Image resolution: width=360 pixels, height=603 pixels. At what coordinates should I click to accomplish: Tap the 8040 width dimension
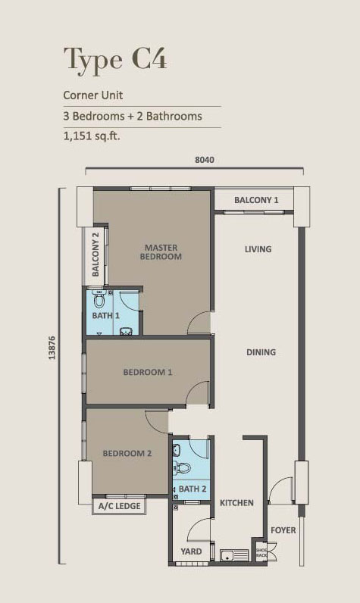pos(205,160)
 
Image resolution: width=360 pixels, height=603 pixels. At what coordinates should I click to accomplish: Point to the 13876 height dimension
pos(52,348)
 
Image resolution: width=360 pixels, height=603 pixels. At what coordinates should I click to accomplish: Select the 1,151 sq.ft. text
pos(92,136)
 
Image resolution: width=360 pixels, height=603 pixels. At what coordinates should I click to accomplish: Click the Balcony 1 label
pos(256,200)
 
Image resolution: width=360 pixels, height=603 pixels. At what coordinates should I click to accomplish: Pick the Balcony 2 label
pos(95,255)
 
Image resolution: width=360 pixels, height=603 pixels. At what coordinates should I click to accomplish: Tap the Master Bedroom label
pos(161,252)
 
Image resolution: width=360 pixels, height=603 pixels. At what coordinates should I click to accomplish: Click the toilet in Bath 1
pos(99,298)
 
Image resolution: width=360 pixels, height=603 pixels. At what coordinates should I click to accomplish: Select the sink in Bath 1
pos(126,331)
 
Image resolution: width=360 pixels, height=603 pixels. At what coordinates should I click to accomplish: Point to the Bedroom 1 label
pos(148,372)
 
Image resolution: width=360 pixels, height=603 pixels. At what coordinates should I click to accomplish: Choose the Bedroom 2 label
pos(127,454)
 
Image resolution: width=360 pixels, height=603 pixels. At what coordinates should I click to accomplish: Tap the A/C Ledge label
pos(119,506)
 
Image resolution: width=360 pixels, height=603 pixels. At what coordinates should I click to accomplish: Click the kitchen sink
pos(234,555)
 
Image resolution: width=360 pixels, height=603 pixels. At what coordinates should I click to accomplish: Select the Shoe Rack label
pos(261,552)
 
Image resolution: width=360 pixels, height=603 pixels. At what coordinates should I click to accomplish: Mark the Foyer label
pos(283,530)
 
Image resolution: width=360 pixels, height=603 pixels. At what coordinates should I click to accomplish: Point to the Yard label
pos(191,551)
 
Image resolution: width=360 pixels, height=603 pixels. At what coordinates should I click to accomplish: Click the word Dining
pos(261,352)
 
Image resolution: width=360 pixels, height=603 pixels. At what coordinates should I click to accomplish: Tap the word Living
pos(258,249)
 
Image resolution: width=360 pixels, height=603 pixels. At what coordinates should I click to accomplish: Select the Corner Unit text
pos(93,95)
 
